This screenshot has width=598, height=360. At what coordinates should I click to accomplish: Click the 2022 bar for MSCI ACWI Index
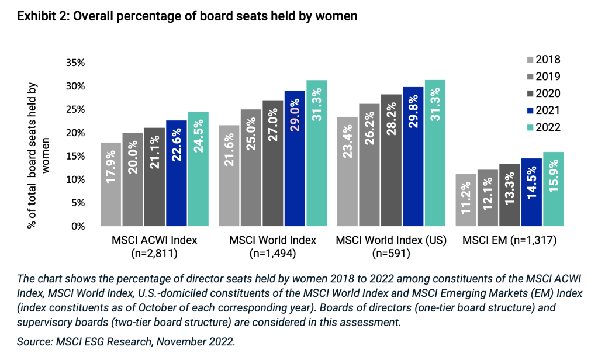coord(198,169)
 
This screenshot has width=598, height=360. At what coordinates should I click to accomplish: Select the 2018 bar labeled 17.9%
coord(111,184)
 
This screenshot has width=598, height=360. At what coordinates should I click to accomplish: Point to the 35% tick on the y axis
coord(77,63)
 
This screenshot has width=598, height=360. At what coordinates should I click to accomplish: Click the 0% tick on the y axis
coord(81,227)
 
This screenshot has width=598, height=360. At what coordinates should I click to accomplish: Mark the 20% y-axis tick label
coord(77,133)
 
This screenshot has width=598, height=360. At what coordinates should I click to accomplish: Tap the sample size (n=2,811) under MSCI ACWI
coord(154,254)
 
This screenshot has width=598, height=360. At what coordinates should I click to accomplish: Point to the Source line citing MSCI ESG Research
coord(126,342)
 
